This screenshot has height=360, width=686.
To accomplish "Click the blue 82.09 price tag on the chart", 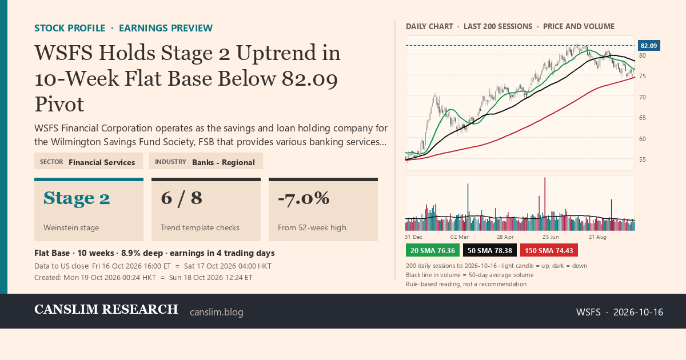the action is [649, 46].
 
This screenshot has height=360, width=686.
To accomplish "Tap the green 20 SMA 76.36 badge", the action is [432, 250].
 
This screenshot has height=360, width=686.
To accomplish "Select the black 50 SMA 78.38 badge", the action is [490, 250].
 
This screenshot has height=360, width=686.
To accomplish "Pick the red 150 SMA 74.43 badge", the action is [549, 250].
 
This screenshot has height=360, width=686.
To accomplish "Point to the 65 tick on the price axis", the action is [642, 118].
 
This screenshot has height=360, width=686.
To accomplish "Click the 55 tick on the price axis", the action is [642, 159].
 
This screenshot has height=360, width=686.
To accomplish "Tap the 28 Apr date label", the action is [505, 237].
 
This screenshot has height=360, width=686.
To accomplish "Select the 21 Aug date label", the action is [597, 237].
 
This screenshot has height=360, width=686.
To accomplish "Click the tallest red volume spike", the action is [545, 204].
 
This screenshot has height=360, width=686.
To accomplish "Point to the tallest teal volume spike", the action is [468, 207].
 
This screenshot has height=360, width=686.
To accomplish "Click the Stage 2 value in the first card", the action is [77, 198].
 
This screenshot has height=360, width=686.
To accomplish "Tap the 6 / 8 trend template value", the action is [181, 198].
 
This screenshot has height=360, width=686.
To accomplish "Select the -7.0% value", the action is [304, 198].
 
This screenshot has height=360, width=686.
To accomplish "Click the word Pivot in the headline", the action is [59, 104].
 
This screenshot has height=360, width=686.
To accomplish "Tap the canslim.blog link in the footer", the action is [217, 312].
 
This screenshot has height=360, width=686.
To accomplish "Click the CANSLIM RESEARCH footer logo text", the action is [106, 310].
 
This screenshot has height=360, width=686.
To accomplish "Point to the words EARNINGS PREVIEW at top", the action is [166, 28].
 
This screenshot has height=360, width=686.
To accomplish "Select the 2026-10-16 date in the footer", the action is [638, 312].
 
